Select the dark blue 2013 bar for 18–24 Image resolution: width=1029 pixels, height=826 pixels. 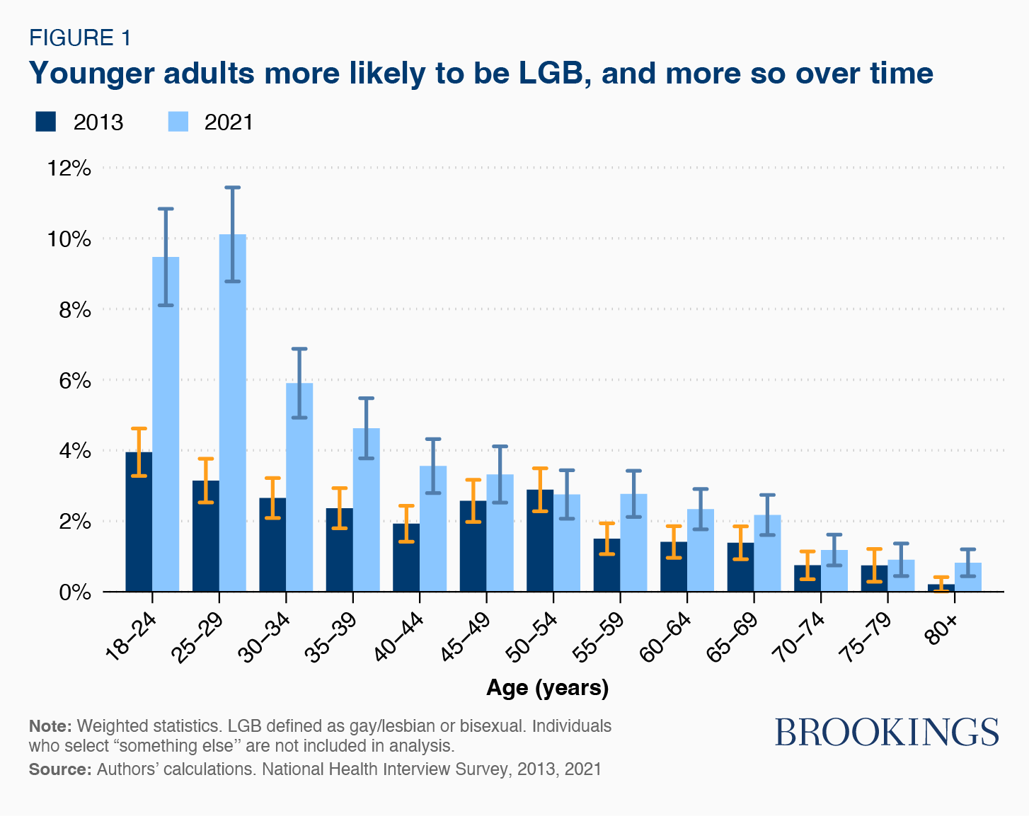(x=139, y=524)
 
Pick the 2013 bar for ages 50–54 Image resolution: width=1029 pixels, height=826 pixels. (x=540, y=541)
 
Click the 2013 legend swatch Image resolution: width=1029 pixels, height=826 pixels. (x=45, y=122)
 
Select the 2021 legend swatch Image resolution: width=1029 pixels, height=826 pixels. (x=178, y=122)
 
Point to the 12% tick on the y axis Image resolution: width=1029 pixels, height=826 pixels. (x=69, y=168)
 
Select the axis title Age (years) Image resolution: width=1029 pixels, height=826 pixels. (x=547, y=688)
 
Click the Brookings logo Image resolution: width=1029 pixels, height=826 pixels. (x=887, y=732)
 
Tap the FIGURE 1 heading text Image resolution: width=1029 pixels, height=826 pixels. (x=80, y=38)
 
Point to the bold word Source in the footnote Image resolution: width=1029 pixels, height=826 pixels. (x=59, y=769)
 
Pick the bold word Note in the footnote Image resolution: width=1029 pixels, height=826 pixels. (x=50, y=726)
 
